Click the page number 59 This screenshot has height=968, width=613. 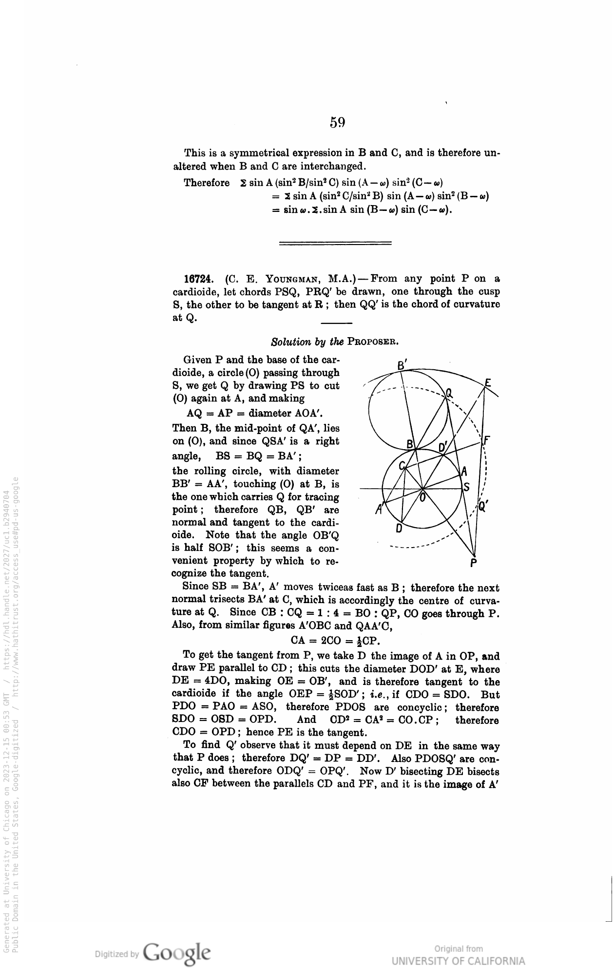337,122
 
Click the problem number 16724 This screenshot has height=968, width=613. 197,279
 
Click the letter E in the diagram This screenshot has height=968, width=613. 487,383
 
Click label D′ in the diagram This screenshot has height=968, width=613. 443,447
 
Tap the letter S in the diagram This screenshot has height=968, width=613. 467,487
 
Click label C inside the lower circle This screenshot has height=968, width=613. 402,466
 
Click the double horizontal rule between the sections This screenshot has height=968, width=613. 335,243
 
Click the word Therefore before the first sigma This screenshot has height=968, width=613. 207,183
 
